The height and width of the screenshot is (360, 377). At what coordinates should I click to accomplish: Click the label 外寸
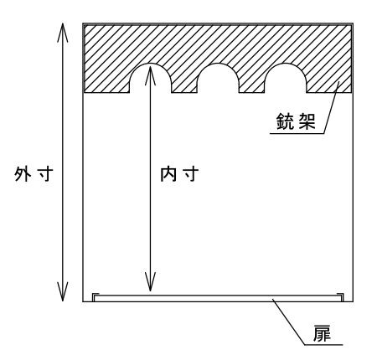[x=34, y=174]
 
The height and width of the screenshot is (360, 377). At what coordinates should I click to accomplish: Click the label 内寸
[x=179, y=174]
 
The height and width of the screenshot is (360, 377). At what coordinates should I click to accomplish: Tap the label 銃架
[x=296, y=121]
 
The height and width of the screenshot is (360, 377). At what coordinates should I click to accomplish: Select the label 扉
[x=322, y=333]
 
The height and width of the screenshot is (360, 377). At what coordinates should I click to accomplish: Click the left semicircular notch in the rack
[x=150, y=64]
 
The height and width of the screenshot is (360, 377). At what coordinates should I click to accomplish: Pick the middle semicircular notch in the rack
[x=218, y=64]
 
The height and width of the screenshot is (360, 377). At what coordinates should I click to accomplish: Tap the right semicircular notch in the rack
[x=285, y=64]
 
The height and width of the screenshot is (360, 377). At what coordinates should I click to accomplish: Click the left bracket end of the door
[x=96, y=297]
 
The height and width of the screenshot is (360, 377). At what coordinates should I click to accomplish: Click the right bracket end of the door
[x=340, y=297]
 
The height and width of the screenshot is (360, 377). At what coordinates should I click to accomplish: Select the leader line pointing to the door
[x=288, y=321]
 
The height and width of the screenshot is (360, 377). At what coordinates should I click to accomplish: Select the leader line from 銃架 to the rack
[x=332, y=107]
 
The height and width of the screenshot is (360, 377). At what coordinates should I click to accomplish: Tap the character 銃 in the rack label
[x=285, y=121]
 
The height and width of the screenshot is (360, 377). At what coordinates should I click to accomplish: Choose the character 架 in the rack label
[x=307, y=121]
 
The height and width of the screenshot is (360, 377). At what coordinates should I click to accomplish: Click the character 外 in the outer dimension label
[x=23, y=174]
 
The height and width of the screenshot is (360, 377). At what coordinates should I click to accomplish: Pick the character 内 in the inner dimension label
[x=168, y=174]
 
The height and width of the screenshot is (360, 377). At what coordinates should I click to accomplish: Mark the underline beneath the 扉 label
[x=323, y=345]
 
